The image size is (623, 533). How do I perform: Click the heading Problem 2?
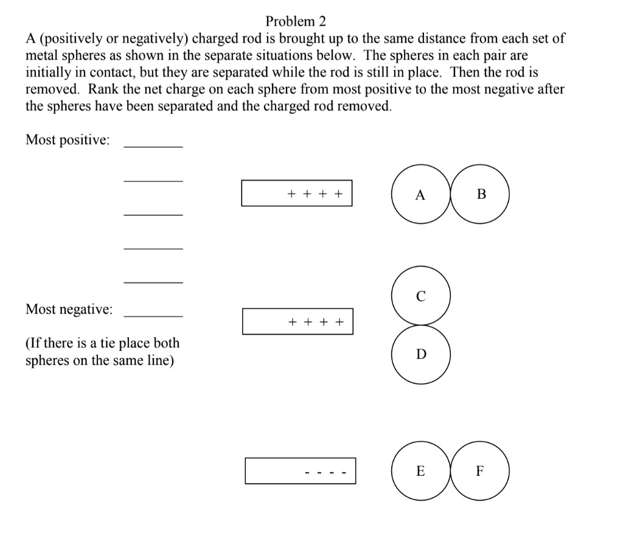pos(296,21)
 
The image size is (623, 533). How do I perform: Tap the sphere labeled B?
pos(481,195)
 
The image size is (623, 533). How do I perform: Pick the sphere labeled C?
pos(421,296)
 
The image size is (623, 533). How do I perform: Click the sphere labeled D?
pos(421,354)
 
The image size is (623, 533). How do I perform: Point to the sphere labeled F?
pos(479,471)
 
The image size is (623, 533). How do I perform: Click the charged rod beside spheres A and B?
pos(296,193)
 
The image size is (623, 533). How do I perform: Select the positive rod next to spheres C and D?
pos(297,321)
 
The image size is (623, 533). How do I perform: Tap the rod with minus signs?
pos(300,471)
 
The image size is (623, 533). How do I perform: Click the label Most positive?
pos(68,140)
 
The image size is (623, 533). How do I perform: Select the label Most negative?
pos(69,309)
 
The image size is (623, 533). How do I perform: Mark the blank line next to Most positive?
pos(153,146)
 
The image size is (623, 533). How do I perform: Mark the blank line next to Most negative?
pos(153,315)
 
